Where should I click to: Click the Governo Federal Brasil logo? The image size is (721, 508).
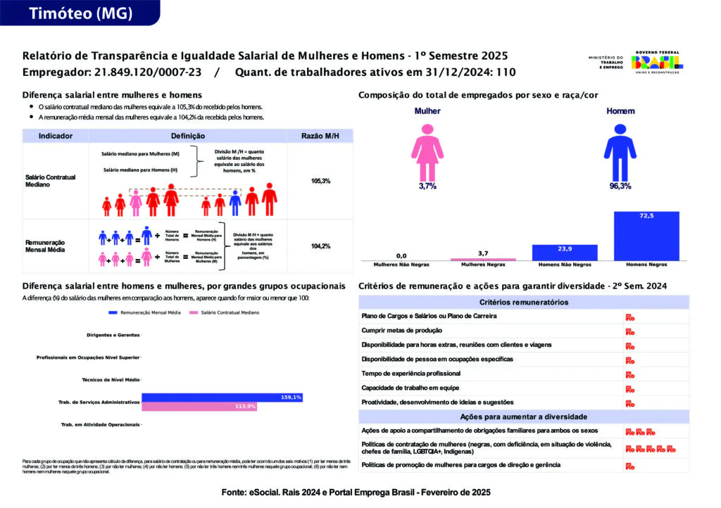click(x=656, y=63)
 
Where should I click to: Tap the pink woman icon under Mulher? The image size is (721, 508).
click(x=427, y=150)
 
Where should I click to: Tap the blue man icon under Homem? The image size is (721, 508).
click(x=620, y=150)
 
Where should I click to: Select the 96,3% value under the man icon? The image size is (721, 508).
click(x=620, y=186)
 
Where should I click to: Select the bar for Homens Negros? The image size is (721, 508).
click(x=646, y=236)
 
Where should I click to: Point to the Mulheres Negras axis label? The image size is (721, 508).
click(x=482, y=265)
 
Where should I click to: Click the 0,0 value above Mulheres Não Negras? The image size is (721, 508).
click(x=401, y=255)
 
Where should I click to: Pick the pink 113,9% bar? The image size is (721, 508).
click(x=199, y=407)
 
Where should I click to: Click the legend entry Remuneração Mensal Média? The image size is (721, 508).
click(x=145, y=312)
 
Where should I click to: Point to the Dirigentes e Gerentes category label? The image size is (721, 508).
click(x=112, y=335)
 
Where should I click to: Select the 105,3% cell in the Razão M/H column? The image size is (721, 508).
click(x=320, y=181)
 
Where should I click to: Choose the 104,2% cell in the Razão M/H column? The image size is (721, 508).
click(x=320, y=246)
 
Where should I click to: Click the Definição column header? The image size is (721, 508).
click(x=188, y=136)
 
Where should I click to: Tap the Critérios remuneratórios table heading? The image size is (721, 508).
click(x=524, y=302)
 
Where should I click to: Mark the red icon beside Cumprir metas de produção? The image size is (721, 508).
click(x=630, y=331)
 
